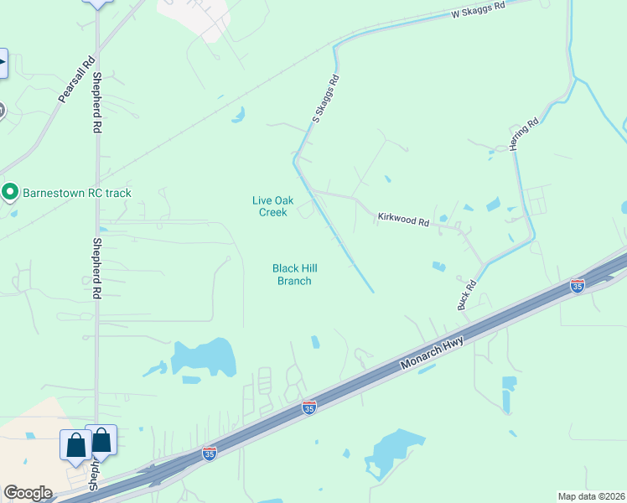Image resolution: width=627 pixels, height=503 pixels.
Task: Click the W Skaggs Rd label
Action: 479,11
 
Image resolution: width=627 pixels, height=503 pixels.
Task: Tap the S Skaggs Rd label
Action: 326,100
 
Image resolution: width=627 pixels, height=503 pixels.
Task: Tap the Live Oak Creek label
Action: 270,206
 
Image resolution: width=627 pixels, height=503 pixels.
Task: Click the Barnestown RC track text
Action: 77,193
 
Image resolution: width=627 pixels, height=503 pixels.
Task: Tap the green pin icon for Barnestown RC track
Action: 10,192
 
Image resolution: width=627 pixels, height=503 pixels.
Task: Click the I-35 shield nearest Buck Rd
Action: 577,286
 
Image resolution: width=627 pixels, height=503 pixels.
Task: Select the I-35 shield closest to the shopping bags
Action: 210,454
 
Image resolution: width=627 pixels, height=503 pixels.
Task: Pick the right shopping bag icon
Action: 101,440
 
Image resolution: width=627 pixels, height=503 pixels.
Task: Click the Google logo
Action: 28,492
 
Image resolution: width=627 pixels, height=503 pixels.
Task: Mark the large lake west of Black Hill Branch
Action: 205,358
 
